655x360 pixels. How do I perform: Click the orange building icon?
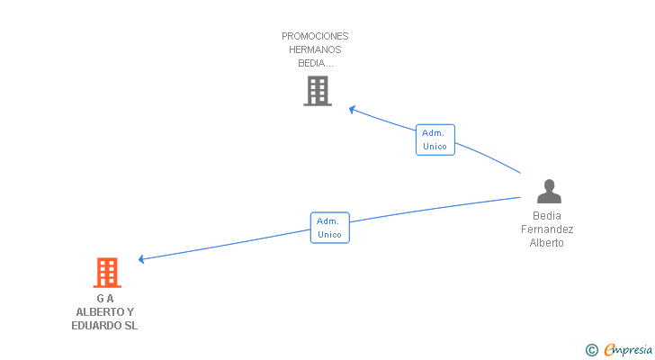(x=107, y=273)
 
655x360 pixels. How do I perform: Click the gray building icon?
(x=318, y=91)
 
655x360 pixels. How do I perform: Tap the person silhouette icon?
(x=549, y=192)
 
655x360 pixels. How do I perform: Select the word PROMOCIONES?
(x=315, y=36)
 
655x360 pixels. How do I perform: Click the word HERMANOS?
(x=315, y=49)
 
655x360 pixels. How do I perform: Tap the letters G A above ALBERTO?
(x=105, y=299)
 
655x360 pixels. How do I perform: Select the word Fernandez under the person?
(x=547, y=229)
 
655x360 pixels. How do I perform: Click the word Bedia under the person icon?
(x=547, y=216)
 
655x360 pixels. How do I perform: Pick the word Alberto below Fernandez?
(x=546, y=243)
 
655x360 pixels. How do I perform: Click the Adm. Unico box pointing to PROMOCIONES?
(x=435, y=139)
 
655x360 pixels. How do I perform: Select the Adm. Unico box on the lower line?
(x=330, y=228)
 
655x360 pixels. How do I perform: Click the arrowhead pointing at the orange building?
(x=140, y=259)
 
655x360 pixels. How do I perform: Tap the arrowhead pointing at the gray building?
(x=352, y=110)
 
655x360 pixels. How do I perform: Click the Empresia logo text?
(x=628, y=349)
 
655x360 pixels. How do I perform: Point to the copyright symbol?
(x=592, y=350)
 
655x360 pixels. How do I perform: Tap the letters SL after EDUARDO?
(x=130, y=326)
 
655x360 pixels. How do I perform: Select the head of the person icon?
(x=550, y=185)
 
